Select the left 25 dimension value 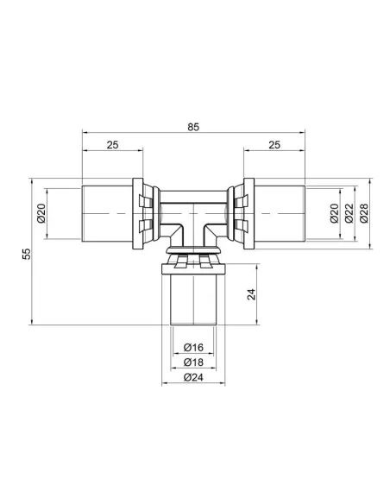(x=112, y=146)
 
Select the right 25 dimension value (x=274, y=146)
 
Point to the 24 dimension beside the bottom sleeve (x=251, y=293)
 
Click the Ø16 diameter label (x=193, y=348)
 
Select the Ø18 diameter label (x=193, y=362)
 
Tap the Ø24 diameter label (x=193, y=376)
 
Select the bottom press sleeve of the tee (x=193, y=299)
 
